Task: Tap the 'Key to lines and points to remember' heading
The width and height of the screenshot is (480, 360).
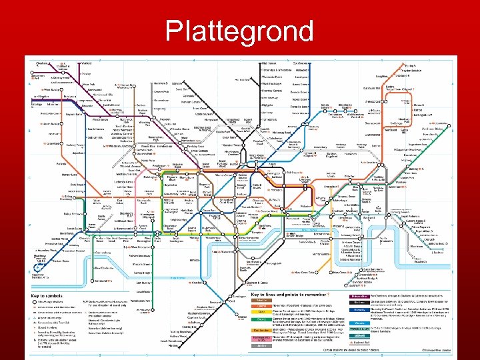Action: tap(287, 294)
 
